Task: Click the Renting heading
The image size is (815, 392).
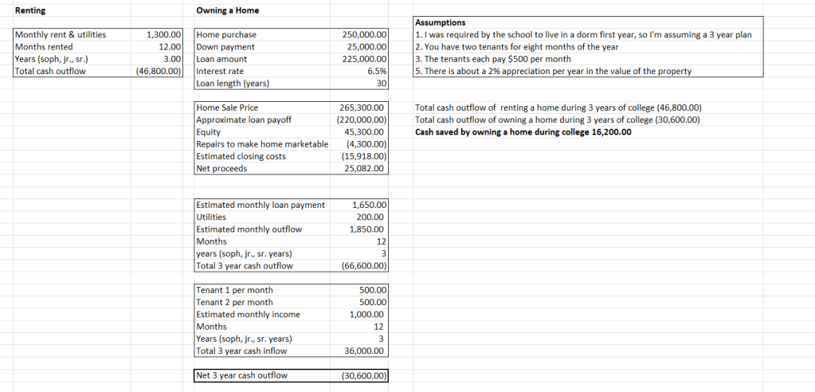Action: click(x=31, y=10)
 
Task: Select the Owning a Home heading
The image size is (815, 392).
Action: click(x=227, y=10)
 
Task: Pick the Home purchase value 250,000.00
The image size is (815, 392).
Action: click(x=364, y=35)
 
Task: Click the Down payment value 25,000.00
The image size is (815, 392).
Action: click(x=366, y=47)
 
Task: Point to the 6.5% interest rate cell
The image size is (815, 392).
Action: click(x=375, y=72)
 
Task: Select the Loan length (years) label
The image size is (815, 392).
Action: click(x=233, y=84)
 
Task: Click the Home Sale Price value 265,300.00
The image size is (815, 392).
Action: click(x=364, y=108)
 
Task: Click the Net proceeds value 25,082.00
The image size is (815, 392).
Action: click(x=366, y=169)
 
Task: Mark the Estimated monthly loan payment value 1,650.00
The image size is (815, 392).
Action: click(x=370, y=206)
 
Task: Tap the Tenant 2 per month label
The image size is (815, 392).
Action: click(x=234, y=303)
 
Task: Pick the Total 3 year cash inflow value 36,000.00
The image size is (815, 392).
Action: click(x=366, y=351)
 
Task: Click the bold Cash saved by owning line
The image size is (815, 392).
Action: click(x=523, y=132)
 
